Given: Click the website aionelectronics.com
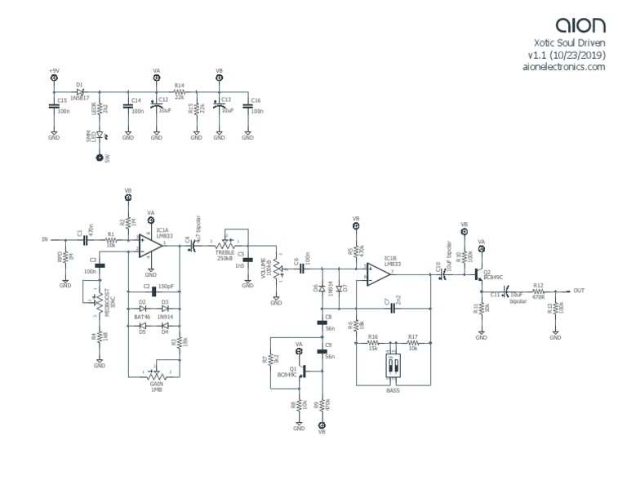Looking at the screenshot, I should [563, 69].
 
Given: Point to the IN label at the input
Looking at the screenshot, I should [44, 239].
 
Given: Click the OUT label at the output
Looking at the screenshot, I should [579, 291].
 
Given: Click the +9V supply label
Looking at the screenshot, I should [54, 71].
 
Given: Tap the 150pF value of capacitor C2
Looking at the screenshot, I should [167, 287].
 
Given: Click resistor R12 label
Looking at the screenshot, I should [538, 285].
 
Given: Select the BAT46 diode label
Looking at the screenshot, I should [144, 315].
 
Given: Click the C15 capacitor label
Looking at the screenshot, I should [62, 100].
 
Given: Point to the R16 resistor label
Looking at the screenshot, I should [374, 336].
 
